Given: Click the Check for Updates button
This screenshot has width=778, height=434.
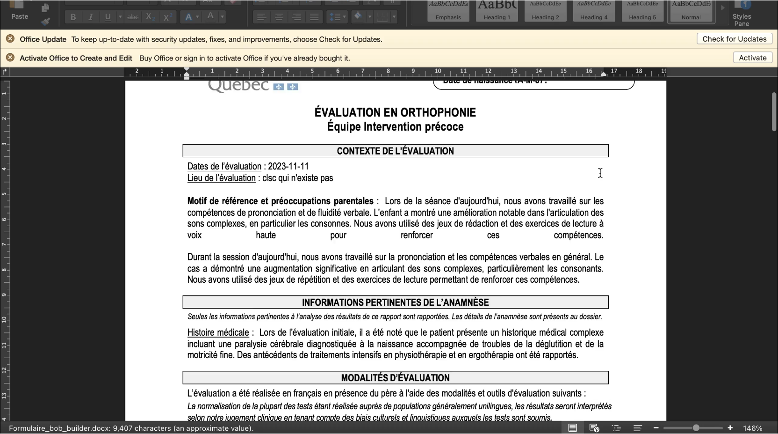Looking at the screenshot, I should [734, 39].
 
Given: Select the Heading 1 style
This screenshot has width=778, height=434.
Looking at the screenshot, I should [497, 11].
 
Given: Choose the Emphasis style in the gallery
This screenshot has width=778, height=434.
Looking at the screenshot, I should [448, 11].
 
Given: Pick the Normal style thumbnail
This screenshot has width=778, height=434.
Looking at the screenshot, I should [691, 11].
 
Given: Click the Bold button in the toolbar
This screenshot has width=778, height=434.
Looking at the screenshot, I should [73, 17].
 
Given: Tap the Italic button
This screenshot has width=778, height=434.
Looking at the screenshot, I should [90, 17].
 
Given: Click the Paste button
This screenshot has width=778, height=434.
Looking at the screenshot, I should [20, 12].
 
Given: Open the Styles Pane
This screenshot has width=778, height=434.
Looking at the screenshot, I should [742, 14].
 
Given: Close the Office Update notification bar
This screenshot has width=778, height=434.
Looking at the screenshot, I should [10, 39].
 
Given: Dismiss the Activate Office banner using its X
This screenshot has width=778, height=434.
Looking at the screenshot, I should [10, 58].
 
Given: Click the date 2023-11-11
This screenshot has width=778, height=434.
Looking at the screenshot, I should [288, 166].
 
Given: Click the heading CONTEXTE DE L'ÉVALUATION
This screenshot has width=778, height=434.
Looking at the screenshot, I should [395, 151].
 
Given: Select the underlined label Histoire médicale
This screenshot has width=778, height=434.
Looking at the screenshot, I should [218, 332].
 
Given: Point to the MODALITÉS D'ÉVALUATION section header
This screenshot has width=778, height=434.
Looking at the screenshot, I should [395, 378].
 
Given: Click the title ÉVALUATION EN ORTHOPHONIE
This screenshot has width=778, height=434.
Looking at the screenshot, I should [395, 112].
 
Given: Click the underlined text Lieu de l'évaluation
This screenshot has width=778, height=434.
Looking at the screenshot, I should [221, 178].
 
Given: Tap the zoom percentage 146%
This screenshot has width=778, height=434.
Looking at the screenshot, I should [753, 428].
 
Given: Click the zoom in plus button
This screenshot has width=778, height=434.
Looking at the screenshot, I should [730, 428].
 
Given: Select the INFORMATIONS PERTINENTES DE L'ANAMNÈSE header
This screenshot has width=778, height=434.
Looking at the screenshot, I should [395, 302].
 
